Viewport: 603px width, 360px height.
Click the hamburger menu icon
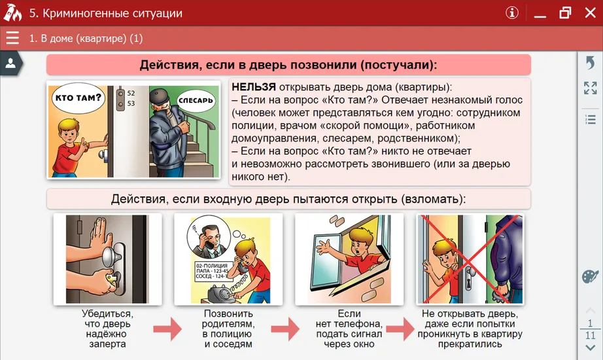(12, 38)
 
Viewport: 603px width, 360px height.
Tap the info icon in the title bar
(512, 12)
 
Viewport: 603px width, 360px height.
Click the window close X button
(589, 12)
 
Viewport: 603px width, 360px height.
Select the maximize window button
(564, 12)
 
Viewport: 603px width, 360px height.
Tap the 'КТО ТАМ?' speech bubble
(78, 99)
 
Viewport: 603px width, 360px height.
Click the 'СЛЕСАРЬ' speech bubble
(195, 100)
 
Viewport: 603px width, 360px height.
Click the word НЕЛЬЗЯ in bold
(253, 87)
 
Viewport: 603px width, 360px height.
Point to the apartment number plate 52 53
(131, 98)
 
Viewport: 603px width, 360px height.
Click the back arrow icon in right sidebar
(590, 62)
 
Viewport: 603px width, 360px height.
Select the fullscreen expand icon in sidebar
(590, 88)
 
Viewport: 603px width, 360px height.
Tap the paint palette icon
(590, 276)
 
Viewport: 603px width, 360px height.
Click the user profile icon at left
(10, 63)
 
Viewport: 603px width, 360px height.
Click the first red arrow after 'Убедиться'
(167, 328)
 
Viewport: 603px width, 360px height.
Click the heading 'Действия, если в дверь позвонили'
(288, 65)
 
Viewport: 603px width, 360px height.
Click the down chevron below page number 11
(590, 348)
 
